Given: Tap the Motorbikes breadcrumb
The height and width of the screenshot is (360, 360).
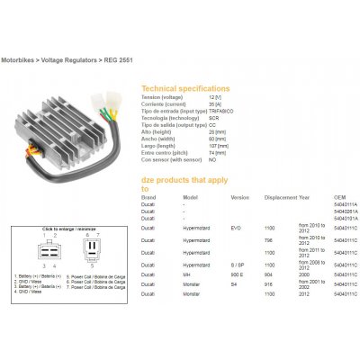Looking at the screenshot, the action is point(23,58).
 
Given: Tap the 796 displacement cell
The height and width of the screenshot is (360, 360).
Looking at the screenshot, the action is point(267,240).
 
